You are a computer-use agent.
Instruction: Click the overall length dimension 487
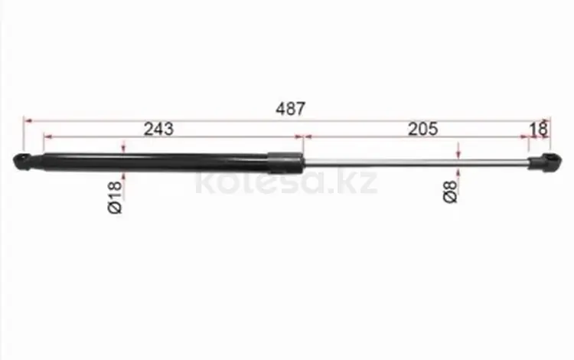[290, 109]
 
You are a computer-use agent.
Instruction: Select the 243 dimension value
[158, 129]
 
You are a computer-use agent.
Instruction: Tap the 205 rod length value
[422, 129]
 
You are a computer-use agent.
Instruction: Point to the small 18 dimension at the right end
[539, 129]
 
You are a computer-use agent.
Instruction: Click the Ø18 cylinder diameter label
[115, 197]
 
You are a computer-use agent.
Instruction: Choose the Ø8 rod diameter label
[450, 192]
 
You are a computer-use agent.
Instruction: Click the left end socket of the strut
[23, 162]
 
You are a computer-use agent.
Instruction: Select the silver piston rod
[416, 162]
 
